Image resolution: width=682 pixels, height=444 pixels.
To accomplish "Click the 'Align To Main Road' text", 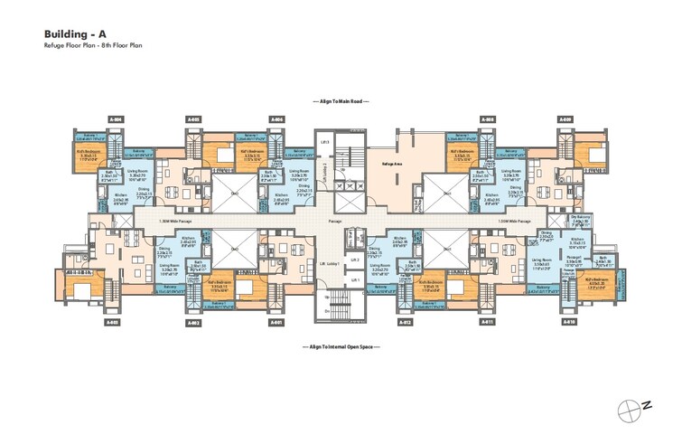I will [x=341, y=102].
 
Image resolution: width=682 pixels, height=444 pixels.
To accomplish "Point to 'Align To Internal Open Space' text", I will [x=341, y=345].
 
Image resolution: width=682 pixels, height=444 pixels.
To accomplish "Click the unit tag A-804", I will [x=116, y=119].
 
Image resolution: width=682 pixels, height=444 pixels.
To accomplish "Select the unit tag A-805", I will [x=193, y=119].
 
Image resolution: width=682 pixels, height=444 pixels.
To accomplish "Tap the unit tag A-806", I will [x=276, y=119].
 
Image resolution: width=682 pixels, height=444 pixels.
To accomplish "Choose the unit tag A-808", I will [x=488, y=119].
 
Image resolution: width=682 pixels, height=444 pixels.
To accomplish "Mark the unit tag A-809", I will [x=565, y=119].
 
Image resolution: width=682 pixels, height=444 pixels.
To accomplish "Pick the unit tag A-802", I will [x=193, y=323].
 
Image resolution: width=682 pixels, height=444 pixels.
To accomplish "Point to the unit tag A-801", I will [x=276, y=323].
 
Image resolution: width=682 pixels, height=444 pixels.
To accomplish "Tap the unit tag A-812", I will [x=406, y=323].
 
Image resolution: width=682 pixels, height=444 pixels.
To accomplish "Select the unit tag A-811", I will [x=488, y=323].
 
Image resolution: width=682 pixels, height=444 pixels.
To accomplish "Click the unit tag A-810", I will [x=566, y=323].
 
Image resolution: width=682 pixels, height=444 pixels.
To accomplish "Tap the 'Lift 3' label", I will [x=325, y=143].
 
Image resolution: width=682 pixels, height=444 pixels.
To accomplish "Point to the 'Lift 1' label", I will [x=331, y=279].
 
